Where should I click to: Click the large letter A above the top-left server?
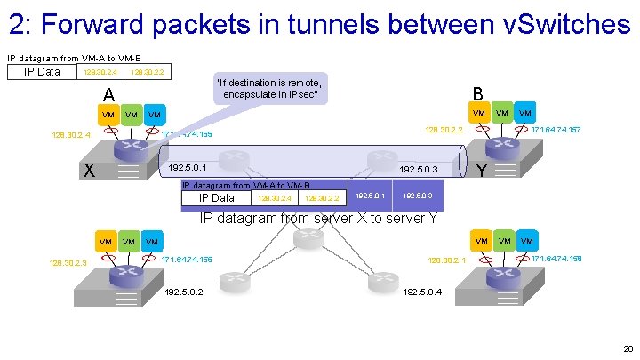pos(108,95)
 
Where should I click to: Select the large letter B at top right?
pos(477,93)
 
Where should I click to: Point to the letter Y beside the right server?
pos(481,169)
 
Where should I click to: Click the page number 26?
pos(628,349)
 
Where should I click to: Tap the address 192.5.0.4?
pos(422,291)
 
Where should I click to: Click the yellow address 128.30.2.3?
pos(70,262)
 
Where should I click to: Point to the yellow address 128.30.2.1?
pos(447,260)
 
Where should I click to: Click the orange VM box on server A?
pos(108,115)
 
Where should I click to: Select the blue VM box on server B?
pos(526,113)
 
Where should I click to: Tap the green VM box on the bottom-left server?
pos(130,242)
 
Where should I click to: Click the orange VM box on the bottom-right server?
pos(481,241)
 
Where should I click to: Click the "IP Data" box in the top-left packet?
pos(42,71)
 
